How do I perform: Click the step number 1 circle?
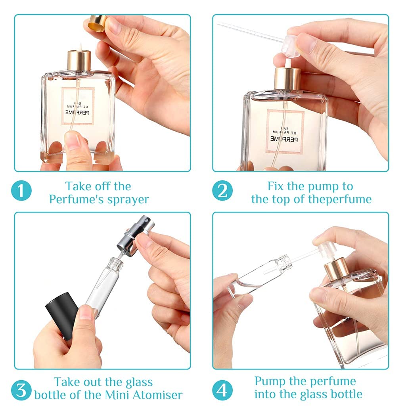tap(21, 191)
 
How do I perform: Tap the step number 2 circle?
tap(222, 191)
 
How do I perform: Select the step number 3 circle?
tap(21, 390)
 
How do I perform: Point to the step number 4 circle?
tap(222, 390)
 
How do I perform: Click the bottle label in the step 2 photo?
tap(285, 132)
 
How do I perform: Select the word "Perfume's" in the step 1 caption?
tap(73, 199)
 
